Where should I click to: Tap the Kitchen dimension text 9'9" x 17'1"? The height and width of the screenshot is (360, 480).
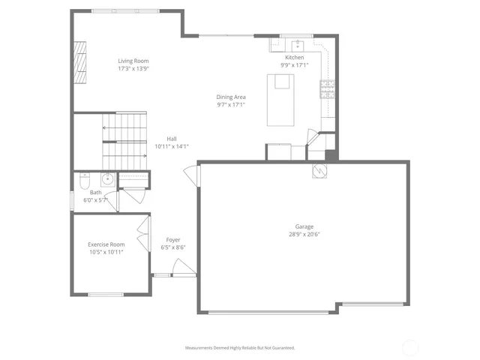coord(294,65)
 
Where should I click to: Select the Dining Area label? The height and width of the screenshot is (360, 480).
coord(231,97)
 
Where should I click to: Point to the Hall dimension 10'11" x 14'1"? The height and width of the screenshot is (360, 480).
coord(171,147)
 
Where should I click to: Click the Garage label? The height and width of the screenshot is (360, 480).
coord(304,226)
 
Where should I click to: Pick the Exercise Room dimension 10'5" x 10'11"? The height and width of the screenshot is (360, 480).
coord(106,252)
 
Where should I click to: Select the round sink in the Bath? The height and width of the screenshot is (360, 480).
coord(107,178)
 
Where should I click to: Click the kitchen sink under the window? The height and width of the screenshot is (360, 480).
coord(297,43)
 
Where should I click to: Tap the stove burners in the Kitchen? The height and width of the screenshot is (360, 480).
coord(327,89)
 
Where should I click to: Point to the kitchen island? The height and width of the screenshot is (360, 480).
coord(282,100)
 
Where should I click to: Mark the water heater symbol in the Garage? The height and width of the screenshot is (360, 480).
coord(319,171)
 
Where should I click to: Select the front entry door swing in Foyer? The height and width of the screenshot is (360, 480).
coord(181,267)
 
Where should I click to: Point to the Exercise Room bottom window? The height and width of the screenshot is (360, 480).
coord(106,294)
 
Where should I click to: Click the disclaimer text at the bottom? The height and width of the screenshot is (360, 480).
coord(240,347)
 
